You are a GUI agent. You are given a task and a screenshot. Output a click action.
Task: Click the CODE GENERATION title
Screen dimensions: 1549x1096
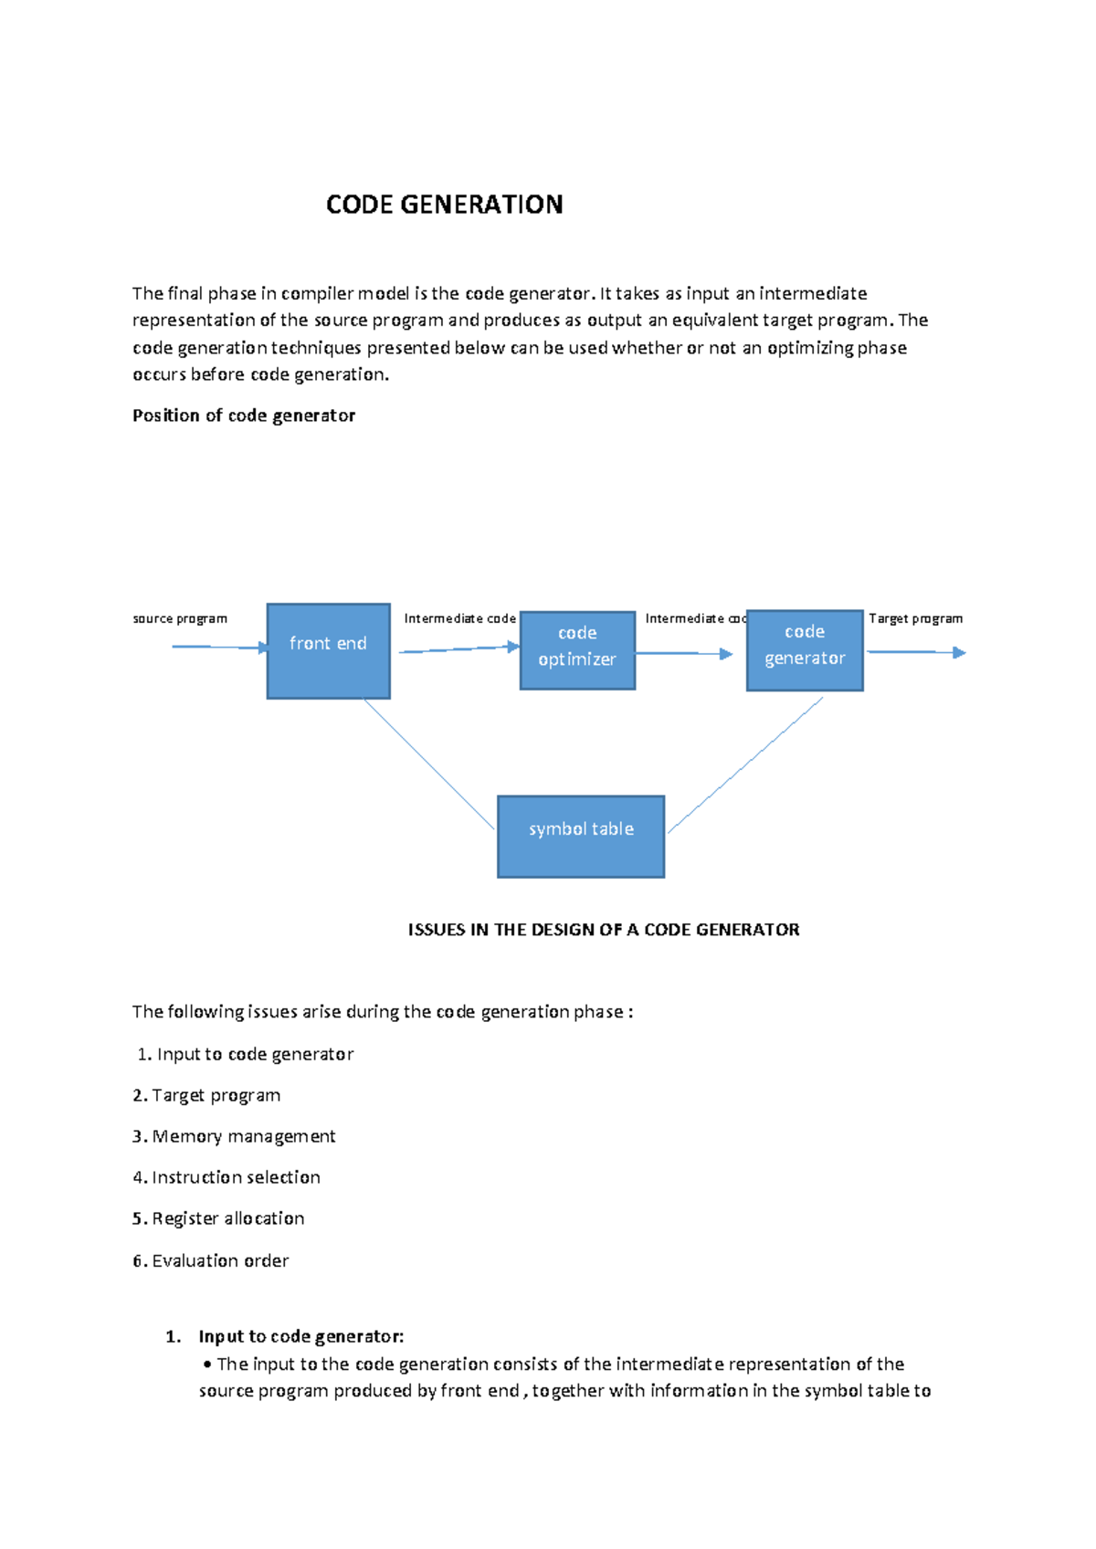[444, 205]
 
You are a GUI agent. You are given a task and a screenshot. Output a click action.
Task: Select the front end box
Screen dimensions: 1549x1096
[328, 650]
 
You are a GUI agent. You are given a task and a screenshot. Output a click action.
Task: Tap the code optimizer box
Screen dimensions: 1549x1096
[577, 650]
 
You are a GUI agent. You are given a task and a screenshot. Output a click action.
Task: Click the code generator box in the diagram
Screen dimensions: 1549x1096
[805, 650]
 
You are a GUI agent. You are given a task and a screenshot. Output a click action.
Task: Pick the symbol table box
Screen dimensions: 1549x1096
[581, 836]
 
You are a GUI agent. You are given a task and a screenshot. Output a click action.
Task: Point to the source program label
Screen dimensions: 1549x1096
[180, 618]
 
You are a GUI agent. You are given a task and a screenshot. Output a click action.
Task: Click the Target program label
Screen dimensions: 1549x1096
[915, 618]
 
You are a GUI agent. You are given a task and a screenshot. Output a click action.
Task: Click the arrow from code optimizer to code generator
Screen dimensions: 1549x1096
[683, 653]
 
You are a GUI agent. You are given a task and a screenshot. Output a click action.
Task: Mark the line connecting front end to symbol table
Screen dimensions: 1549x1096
[429, 764]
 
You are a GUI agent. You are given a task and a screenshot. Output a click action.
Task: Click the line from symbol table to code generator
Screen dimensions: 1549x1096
[745, 764]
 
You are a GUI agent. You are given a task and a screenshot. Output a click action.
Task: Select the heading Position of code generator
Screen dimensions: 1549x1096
[244, 416]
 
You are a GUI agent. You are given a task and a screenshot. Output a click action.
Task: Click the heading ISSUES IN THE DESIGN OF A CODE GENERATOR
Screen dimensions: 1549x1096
[603, 930]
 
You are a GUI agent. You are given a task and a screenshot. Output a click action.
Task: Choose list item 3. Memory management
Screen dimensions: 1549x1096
[235, 1136]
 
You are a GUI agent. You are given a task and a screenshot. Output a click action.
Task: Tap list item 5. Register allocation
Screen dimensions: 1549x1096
[219, 1218]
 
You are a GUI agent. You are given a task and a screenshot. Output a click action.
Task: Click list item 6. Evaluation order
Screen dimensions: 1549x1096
[211, 1260]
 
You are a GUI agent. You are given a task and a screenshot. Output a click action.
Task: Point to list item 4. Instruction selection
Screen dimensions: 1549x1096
[227, 1177]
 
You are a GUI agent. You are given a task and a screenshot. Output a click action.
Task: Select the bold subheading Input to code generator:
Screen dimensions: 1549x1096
[300, 1336]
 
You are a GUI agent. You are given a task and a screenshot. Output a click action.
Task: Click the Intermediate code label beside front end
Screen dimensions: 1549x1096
[459, 618]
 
